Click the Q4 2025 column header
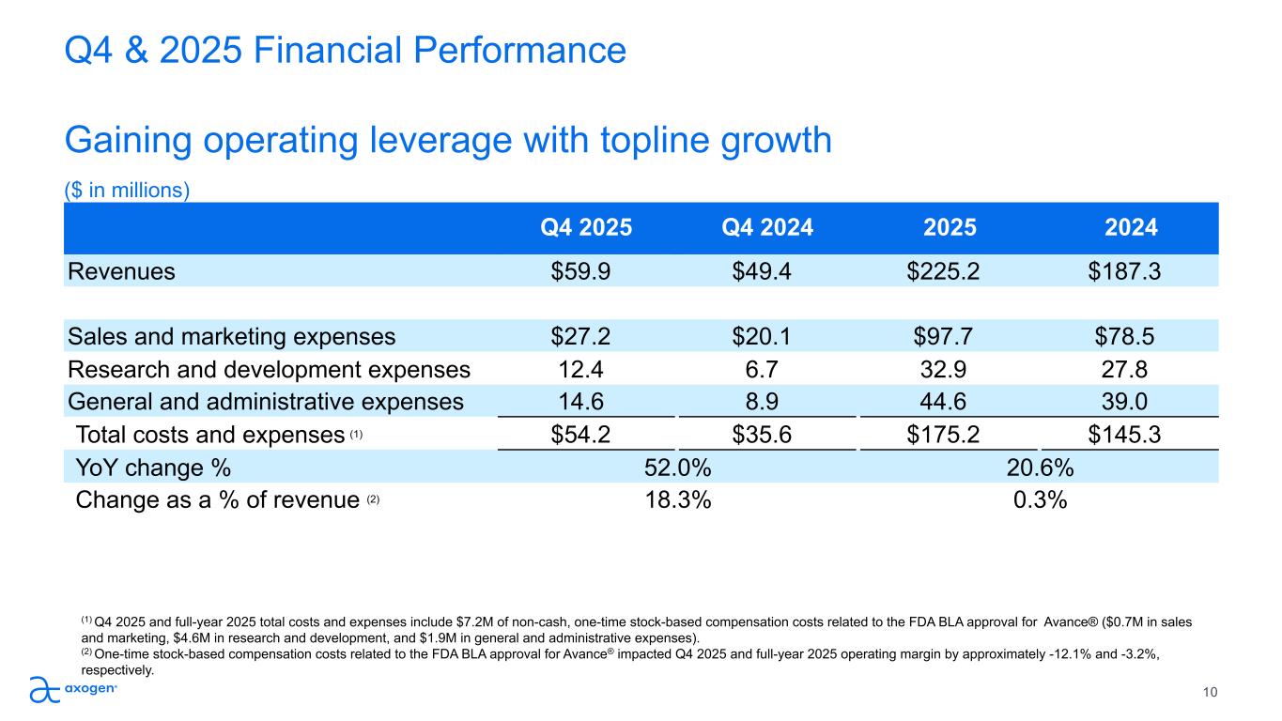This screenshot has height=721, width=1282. [x=586, y=227]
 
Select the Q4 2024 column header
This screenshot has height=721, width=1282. [x=767, y=227]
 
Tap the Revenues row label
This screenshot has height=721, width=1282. [x=121, y=271]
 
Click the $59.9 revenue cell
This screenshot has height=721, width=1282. [x=586, y=271]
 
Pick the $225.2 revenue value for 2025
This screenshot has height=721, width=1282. [x=950, y=271]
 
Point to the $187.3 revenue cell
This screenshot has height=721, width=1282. [x=1131, y=271]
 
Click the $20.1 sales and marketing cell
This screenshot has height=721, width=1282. [x=767, y=337]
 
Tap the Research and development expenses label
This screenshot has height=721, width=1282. [x=269, y=369]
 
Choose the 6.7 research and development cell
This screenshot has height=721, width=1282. [x=767, y=369]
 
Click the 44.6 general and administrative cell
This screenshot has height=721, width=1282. [x=950, y=402]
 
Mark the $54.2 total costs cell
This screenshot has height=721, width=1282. [x=586, y=435]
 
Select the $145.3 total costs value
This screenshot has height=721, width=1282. [x=1131, y=435]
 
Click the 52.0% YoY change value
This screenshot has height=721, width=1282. [x=677, y=467]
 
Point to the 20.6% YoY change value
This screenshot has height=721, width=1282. [x=1040, y=467]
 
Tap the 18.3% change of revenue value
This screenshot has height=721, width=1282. [x=677, y=499]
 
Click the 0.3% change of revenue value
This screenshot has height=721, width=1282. [x=1040, y=499]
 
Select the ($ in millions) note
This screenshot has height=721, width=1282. [x=127, y=191]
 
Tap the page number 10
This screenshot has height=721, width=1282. [x=1211, y=693]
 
